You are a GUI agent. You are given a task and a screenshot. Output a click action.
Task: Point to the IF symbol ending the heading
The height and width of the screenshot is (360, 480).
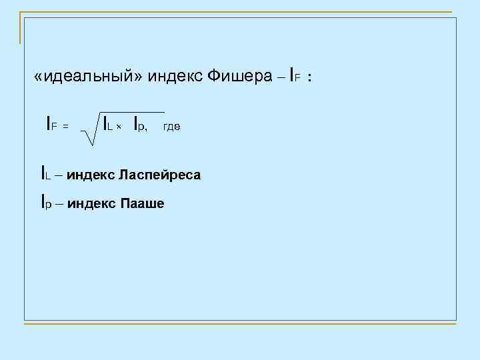point(297,77)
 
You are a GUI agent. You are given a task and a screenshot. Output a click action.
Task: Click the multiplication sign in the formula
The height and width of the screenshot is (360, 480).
point(120,127)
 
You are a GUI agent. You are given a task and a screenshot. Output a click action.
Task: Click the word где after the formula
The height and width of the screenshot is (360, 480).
point(171,125)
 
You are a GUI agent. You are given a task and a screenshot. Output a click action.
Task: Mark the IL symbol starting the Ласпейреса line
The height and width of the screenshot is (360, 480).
point(45,175)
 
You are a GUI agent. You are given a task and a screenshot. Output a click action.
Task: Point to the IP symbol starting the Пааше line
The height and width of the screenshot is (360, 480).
point(45,202)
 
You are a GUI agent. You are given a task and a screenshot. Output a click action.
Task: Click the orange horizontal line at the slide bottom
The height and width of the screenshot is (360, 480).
point(240,325)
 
